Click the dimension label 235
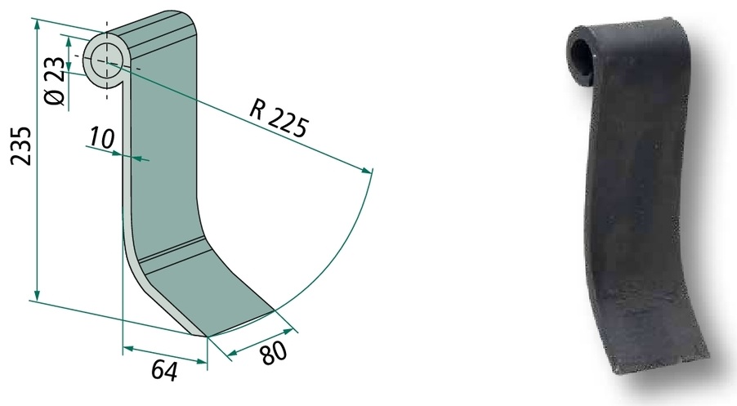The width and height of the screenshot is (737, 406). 21,145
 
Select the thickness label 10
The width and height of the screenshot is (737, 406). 101,138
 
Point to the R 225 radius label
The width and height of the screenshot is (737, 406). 279,120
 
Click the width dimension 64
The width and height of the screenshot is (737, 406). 164,371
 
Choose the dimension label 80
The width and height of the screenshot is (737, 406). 274,353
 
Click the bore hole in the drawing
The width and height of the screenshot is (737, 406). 106,61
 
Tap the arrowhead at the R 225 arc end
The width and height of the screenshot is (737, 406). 366,170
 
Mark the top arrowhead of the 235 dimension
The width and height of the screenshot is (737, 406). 36,26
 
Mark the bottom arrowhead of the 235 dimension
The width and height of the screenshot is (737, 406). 37,294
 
